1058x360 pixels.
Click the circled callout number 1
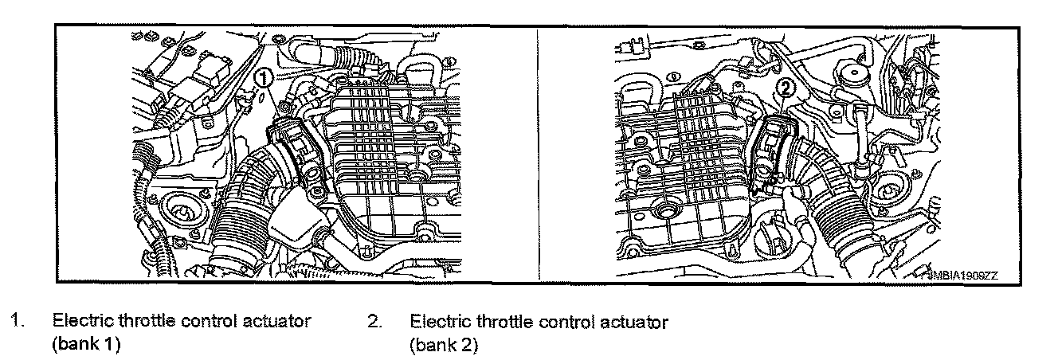tap(264, 77)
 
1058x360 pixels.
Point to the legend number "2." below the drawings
tap(374, 323)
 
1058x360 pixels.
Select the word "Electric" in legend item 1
tap(78, 323)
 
